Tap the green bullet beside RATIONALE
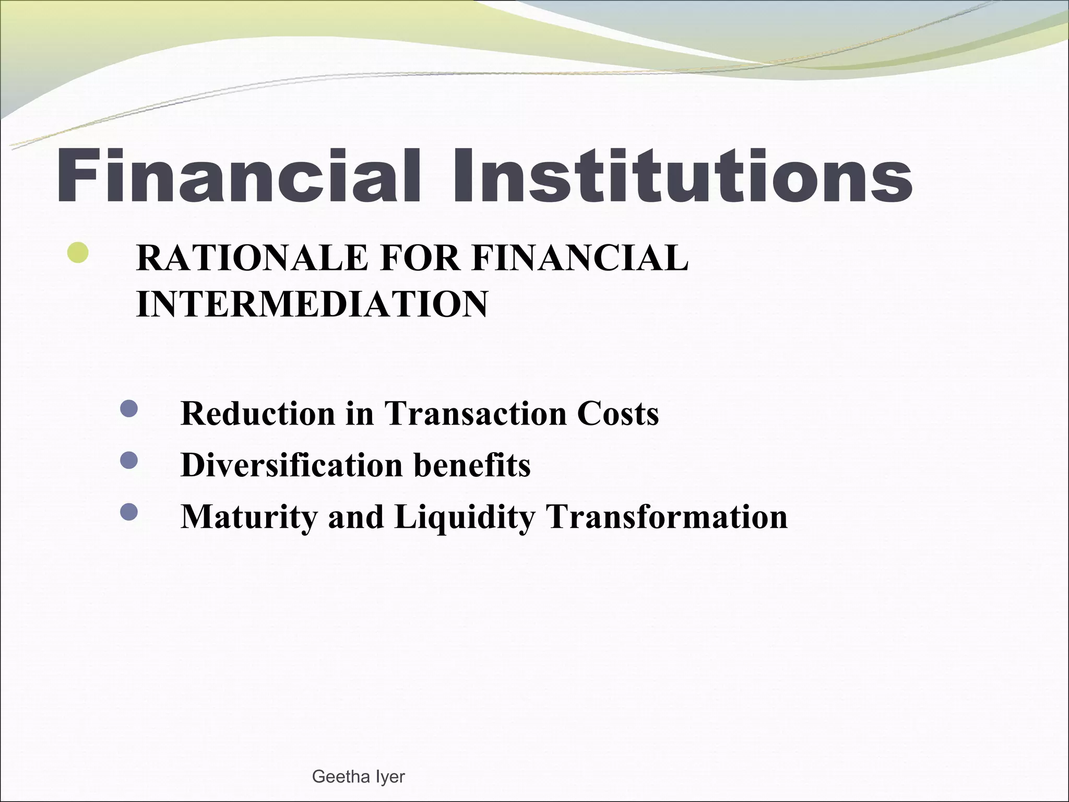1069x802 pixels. [x=78, y=253]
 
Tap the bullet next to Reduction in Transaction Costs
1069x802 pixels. [x=128, y=408]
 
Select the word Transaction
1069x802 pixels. [x=476, y=414]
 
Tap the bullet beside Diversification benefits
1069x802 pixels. [x=128, y=460]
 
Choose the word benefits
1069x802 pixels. [x=472, y=465]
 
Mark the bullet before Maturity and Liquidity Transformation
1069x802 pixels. [x=128, y=512]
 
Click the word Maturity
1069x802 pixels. [x=248, y=516]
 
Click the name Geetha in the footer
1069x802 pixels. [x=340, y=777]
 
